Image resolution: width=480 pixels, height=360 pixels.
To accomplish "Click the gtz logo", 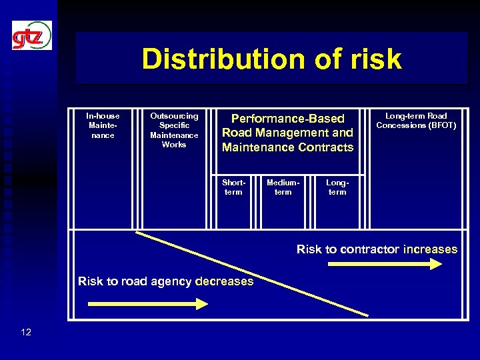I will pyautogui.click(x=31, y=36).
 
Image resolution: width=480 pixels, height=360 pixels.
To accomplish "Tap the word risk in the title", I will pyautogui.click(x=376, y=59).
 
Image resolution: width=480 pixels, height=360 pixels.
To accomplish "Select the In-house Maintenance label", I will pyautogui.click(x=103, y=125).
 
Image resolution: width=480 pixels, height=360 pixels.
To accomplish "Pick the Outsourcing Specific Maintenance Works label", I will pyautogui.click(x=174, y=130).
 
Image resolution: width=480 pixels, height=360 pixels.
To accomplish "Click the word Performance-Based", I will pyautogui.click(x=287, y=119).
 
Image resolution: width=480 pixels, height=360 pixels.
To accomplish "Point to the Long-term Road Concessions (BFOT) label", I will pyautogui.click(x=416, y=120).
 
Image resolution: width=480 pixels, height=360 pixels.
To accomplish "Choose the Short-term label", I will pyautogui.click(x=233, y=187).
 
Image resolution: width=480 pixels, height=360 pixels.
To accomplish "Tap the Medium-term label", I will pyautogui.click(x=283, y=187).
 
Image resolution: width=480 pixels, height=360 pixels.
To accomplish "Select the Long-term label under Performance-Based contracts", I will pyautogui.click(x=337, y=187).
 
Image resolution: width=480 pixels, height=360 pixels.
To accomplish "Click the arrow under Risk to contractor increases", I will pyautogui.click(x=385, y=264).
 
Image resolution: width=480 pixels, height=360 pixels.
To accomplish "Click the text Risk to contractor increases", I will pyautogui.click(x=377, y=249).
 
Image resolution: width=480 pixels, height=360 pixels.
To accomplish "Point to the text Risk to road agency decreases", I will pyautogui.click(x=165, y=281).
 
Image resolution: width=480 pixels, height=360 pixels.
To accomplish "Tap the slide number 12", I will pyautogui.click(x=26, y=331).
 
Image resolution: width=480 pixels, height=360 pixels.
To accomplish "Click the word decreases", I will pyautogui.click(x=225, y=281).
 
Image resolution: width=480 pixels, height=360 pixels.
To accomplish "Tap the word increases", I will pyautogui.click(x=430, y=249).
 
